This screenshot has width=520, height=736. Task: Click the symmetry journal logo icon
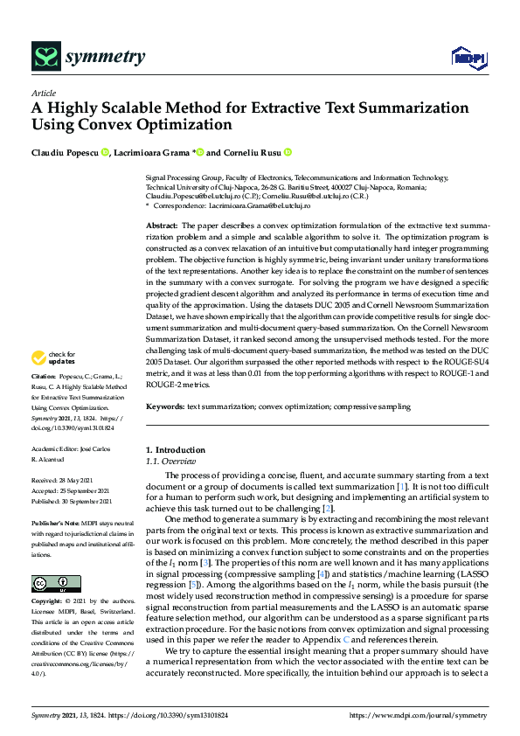pyautogui.click(x=45, y=58)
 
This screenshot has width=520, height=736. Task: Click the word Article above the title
pyautogui.click(x=44, y=94)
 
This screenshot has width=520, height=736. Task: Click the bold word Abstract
pyautogui.click(x=163, y=226)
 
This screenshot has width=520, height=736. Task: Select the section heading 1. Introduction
pyautogui.click(x=175, y=449)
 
